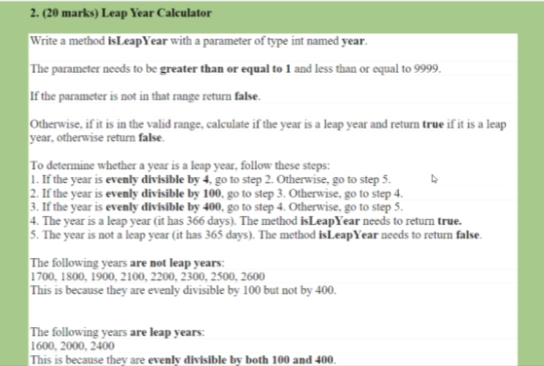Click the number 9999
click(x=426, y=72)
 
